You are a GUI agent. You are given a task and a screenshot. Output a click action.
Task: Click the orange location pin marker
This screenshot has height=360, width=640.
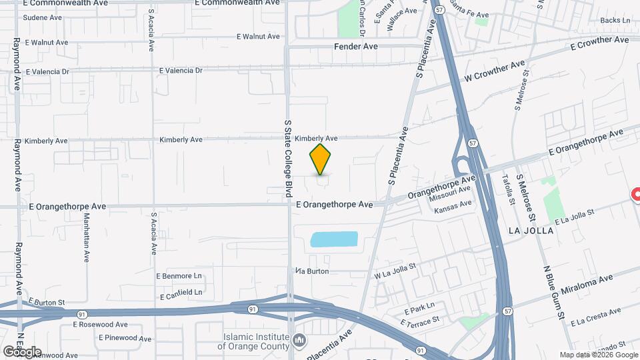(x=321, y=159)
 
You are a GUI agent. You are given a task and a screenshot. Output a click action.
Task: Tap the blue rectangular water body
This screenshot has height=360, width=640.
(x=335, y=239)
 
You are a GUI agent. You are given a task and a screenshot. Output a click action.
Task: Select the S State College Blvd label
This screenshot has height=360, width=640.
(x=289, y=159)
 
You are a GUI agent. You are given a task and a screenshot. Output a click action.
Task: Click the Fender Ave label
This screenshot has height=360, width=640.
(x=355, y=47)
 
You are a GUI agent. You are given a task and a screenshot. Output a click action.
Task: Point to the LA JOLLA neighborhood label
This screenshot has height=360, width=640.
(x=531, y=231)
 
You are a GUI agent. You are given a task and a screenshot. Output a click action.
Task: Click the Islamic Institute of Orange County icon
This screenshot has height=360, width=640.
(x=299, y=341)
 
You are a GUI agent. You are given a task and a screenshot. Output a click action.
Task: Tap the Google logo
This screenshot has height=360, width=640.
(x=22, y=351)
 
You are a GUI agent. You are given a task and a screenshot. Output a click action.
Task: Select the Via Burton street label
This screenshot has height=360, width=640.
(x=313, y=271)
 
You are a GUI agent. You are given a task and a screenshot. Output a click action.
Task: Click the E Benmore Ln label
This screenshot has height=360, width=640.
(x=179, y=275)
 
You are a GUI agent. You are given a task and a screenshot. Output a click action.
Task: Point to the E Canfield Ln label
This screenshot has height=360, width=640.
(x=181, y=292)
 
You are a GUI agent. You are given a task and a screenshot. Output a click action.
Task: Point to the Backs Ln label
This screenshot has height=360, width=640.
(x=615, y=21)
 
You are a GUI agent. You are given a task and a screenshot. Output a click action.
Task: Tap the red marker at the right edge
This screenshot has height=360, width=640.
(x=635, y=195)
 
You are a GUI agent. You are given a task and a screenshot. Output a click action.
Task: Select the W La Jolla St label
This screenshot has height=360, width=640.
(x=395, y=270)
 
